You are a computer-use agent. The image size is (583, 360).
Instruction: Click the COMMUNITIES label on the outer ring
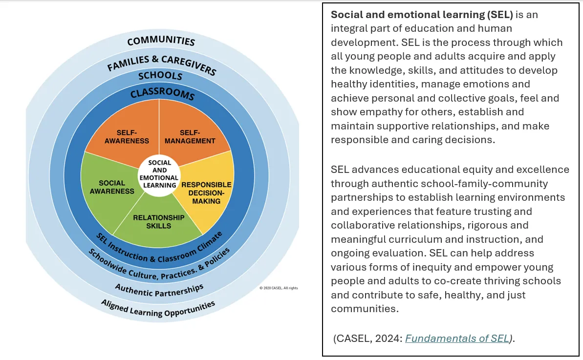[161, 41]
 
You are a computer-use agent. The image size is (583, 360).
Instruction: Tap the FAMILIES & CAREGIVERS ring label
[161, 64]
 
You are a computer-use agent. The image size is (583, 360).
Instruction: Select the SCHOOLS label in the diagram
[160, 76]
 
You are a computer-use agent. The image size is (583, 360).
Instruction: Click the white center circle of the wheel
[159, 174]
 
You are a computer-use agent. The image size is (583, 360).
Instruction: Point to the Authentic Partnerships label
[159, 290]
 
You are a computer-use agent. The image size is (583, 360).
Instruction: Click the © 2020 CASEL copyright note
[279, 288]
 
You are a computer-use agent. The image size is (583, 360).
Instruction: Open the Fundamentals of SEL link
[457, 339]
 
